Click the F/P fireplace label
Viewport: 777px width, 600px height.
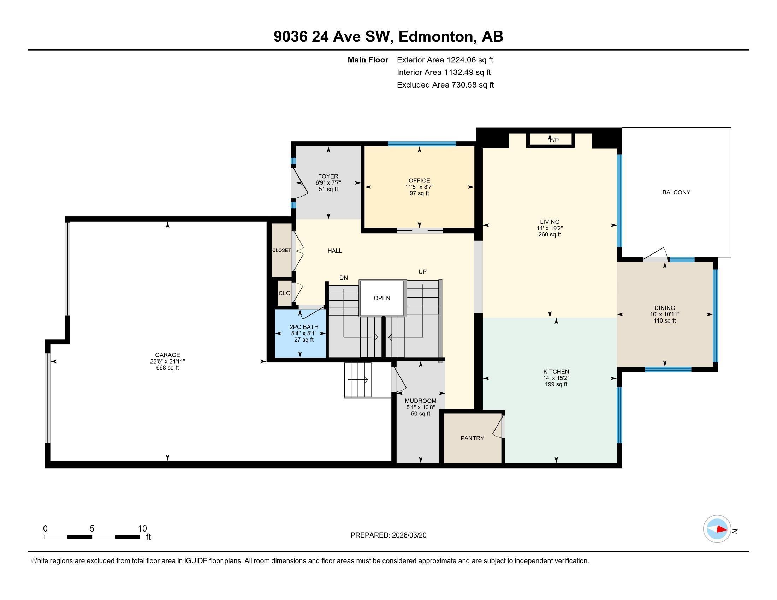(554, 140)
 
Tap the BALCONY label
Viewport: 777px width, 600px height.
(676, 192)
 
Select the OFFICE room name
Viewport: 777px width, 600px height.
(419, 181)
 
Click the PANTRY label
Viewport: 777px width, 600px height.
(472, 438)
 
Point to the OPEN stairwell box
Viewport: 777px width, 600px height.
(382, 298)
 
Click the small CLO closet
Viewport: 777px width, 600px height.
(284, 293)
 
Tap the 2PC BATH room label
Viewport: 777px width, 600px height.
(303, 327)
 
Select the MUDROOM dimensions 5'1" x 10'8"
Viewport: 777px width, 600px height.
(421, 407)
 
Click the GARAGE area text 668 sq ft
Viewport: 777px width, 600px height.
(167, 368)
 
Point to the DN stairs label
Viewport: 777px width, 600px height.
(343, 278)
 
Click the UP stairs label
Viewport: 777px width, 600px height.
(422, 271)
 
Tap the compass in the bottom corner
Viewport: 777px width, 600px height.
(717, 529)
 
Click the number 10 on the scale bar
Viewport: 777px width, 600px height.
(142, 529)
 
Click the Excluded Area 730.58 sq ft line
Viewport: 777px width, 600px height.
(445, 85)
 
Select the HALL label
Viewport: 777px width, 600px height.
(334, 251)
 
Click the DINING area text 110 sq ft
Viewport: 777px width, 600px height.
(664, 320)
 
